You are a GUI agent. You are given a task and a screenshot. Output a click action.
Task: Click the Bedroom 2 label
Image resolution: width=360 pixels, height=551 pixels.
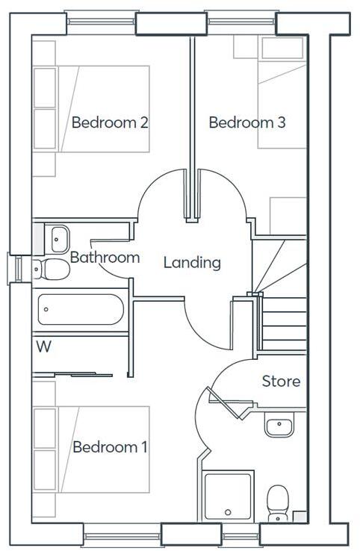click(x=109, y=122)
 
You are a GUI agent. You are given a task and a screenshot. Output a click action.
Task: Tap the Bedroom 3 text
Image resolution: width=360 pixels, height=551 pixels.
click(x=246, y=122)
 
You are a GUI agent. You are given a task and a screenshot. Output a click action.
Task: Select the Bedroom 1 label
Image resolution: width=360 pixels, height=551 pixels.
click(x=109, y=447)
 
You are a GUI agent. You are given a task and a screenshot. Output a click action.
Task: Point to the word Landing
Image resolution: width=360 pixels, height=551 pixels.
click(x=192, y=262)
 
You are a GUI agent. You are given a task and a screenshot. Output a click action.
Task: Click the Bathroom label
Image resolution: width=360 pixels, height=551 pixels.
click(x=105, y=258)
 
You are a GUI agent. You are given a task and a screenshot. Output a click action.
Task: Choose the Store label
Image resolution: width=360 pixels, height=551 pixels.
click(x=281, y=382)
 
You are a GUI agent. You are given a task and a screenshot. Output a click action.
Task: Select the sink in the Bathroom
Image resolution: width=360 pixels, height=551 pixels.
click(x=58, y=237)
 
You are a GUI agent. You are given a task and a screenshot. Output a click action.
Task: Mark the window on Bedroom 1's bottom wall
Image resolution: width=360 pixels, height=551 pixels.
click(x=122, y=535)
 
